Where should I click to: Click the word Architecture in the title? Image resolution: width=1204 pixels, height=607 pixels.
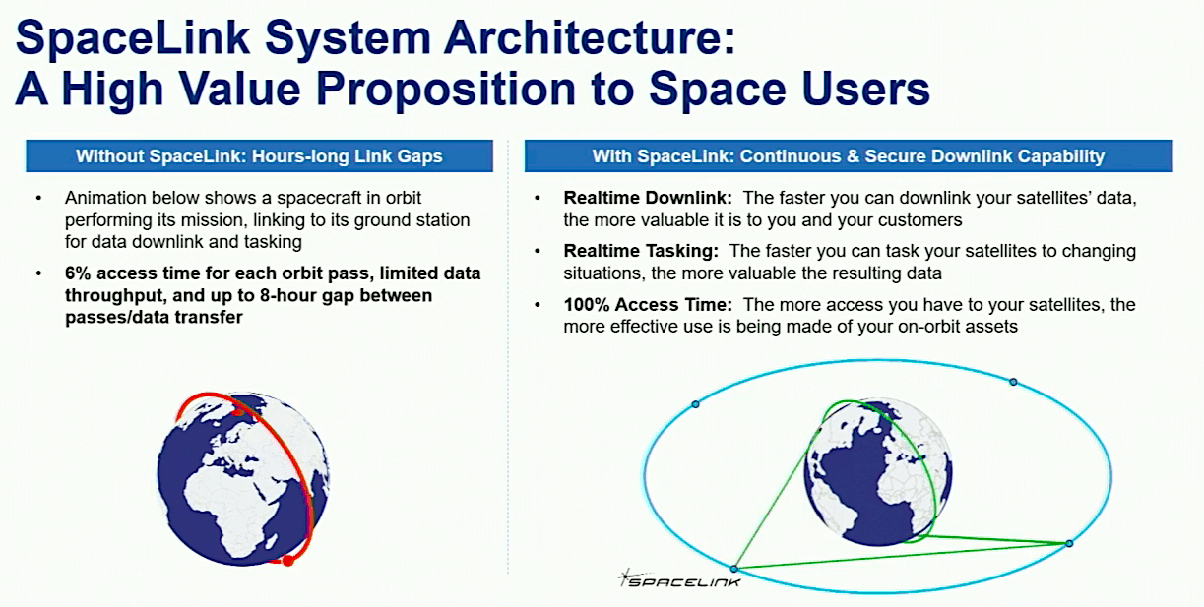pos(589,37)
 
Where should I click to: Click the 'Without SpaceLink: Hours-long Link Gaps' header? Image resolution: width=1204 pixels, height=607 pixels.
pos(259,156)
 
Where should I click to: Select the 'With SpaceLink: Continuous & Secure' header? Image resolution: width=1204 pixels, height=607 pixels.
pos(849,156)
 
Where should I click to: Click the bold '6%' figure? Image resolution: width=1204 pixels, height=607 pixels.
pos(78,273)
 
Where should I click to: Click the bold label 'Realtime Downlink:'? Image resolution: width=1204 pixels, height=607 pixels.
pos(648,198)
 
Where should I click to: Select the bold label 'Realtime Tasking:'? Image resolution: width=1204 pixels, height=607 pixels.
pos(641,251)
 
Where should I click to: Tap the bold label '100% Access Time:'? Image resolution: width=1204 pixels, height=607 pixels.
pos(648,305)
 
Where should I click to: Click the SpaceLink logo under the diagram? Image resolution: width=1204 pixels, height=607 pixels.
pos(679,579)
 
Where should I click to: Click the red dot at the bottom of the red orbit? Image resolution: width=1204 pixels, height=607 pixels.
pos(288,560)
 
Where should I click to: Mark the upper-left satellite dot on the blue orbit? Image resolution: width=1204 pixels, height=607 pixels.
pos(695,404)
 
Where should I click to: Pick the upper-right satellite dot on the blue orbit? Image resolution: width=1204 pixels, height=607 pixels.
pos(1013,382)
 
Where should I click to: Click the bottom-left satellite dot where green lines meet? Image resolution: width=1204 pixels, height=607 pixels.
pos(734,569)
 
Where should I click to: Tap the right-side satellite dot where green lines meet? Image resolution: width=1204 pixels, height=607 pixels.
pos(1069,544)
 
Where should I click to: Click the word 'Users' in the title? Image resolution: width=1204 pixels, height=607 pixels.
pos(866,90)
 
